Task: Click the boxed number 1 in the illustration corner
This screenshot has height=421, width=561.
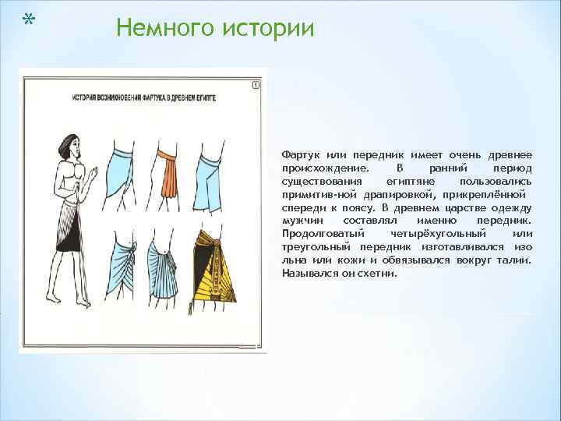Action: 256,85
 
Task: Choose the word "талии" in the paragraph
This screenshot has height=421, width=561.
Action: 513,260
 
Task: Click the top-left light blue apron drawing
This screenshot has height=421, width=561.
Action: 124,176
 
